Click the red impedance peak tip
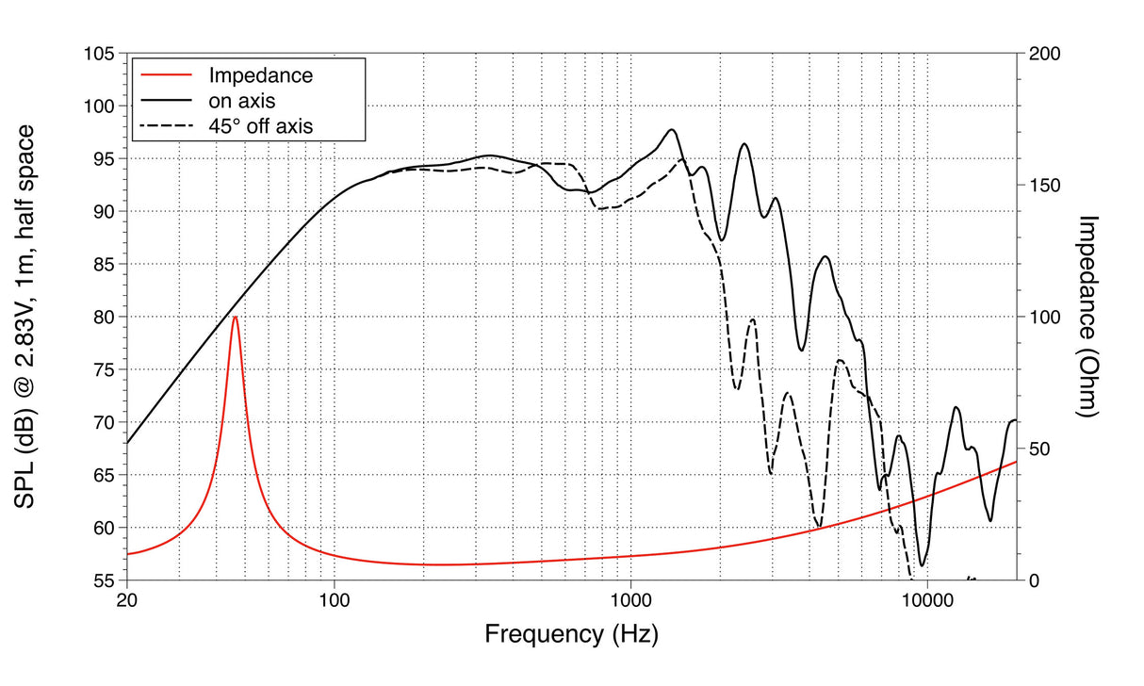[235, 318]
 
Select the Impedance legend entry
[260, 74]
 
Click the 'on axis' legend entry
[241, 99]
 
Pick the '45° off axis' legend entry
[262, 123]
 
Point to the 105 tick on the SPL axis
[98, 54]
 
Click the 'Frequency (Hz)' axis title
[571, 633]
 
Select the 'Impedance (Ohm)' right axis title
[1091, 317]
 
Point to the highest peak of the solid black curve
[672, 130]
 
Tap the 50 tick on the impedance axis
[1038, 449]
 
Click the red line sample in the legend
[166, 74]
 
